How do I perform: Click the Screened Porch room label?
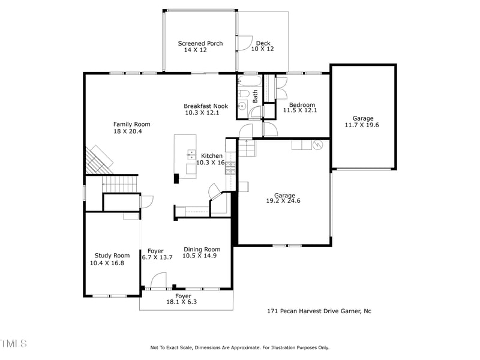coord(200,43)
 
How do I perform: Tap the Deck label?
coord(263,43)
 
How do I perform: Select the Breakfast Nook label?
coord(206,106)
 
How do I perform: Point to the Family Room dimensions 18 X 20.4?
coord(131,131)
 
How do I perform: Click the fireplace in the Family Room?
coord(97,159)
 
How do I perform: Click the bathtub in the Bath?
coord(250,80)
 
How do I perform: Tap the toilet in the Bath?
coord(243,94)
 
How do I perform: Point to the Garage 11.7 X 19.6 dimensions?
coord(362,125)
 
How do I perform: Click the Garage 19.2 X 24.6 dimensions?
coord(283,201)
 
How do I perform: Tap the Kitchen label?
coord(212,155)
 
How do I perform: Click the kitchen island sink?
coord(191,155)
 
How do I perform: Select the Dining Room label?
coord(202,249)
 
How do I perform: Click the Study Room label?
coord(113,255)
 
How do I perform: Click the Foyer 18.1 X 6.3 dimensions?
coord(182,302)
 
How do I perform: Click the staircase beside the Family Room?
coord(120,182)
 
